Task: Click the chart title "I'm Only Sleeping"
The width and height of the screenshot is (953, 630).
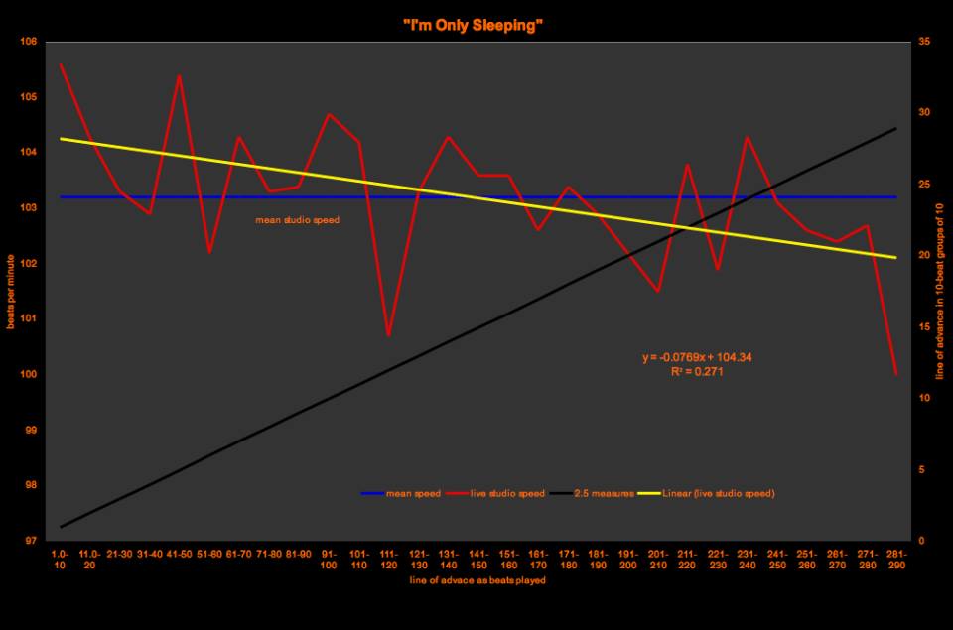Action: pos(476,25)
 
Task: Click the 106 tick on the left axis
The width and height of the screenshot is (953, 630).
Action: pos(27,42)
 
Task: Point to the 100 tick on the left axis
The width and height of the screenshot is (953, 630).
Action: pos(27,375)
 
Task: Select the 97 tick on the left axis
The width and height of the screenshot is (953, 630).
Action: pos(27,541)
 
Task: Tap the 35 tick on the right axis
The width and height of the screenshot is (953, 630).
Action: pos(925,42)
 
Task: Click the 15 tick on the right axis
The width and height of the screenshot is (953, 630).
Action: pos(925,327)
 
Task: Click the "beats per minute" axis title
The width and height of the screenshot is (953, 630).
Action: pos(11,291)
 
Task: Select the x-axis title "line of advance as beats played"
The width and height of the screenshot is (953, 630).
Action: pos(476,580)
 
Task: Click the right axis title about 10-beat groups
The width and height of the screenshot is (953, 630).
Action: pos(939,291)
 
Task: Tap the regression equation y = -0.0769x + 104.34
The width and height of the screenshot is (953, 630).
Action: pos(703,357)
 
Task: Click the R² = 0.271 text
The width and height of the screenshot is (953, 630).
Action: pos(703,371)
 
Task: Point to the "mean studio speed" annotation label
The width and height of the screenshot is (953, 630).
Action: pos(298,220)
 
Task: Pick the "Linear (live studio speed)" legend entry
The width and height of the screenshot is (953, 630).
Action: pos(718,493)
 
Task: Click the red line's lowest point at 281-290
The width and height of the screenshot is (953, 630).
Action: pos(895,374)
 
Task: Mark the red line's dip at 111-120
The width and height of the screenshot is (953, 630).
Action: pos(388,335)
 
